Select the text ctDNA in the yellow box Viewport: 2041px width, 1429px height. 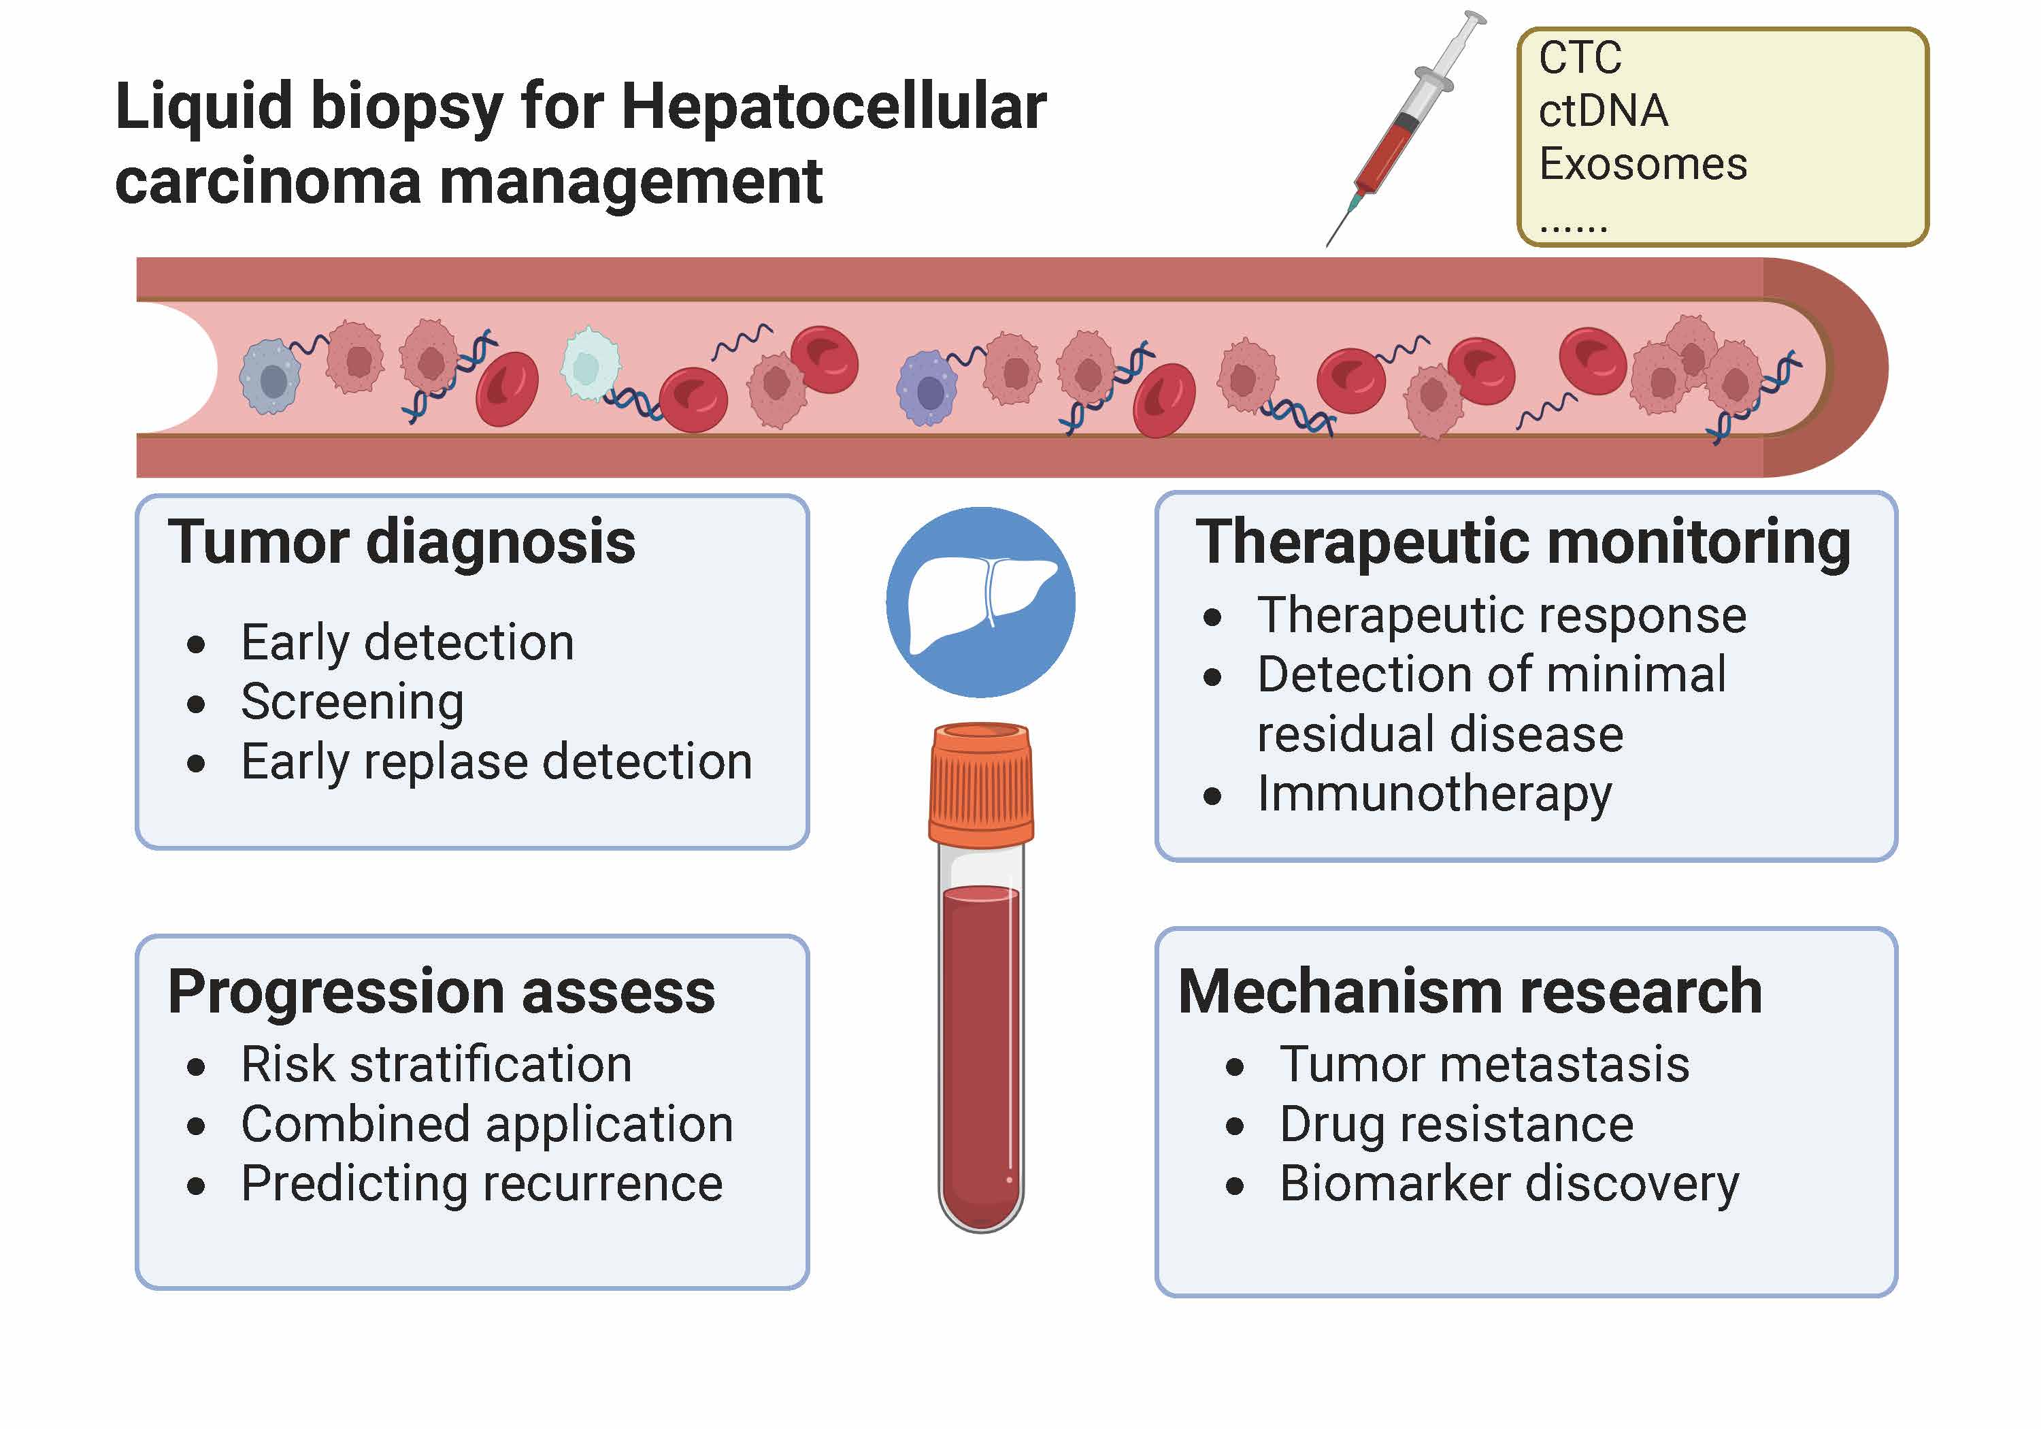tap(1603, 111)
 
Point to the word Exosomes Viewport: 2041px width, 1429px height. tap(1643, 165)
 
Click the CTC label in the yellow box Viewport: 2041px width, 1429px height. tap(1580, 58)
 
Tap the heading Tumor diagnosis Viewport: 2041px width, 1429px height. tap(402, 542)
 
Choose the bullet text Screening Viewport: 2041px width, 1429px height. tap(352, 702)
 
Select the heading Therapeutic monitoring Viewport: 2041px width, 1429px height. tap(1523, 542)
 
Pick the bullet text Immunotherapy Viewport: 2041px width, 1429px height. tap(1434, 793)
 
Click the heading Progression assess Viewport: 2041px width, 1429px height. tap(441, 991)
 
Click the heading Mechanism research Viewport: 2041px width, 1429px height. tap(1470, 991)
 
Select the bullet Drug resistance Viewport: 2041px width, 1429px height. tap(1456, 1124)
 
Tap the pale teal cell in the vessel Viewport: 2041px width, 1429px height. tap(589, 365)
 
